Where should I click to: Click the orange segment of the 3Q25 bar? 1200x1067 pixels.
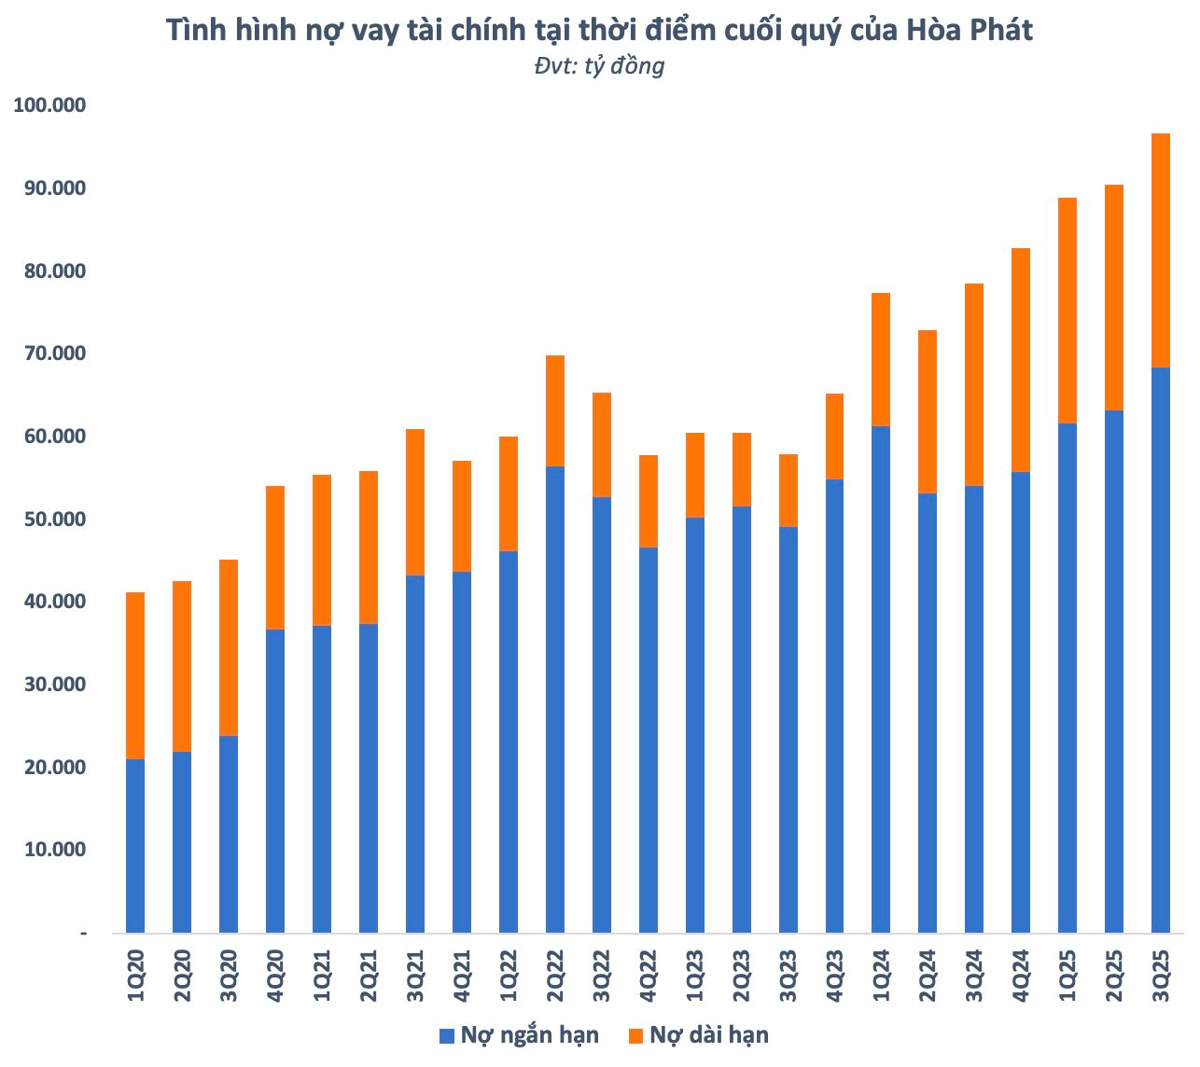pos(1160,250)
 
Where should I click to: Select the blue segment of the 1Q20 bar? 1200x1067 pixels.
pos(135,845)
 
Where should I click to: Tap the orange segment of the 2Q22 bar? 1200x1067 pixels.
pos(554,410)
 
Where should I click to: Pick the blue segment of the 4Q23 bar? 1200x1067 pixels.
pos(834,705)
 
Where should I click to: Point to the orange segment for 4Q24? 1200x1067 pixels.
pos(1021,360)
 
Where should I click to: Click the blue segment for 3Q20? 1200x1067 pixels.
pos(229,834)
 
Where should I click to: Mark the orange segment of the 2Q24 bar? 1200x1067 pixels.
pos(928,411)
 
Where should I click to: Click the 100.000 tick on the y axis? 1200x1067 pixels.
pos(49,105)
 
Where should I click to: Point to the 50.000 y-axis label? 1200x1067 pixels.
pos(49,520)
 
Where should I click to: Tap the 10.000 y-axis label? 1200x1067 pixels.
pos(49,850)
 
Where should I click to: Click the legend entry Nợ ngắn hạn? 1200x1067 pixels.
pos(529,1034)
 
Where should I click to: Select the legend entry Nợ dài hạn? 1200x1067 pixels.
pos(709,1034)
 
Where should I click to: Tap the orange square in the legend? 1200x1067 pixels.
pos(635,1035)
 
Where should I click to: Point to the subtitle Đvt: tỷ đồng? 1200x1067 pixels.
pos(599,65)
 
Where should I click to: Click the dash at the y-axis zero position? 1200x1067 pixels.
pos(83,933)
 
